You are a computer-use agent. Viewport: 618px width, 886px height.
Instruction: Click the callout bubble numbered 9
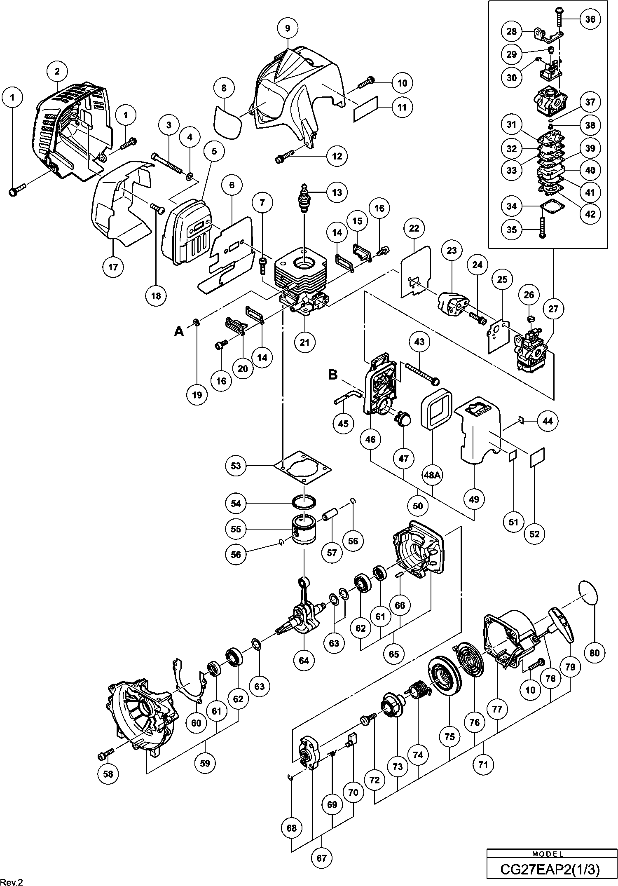click(x=287, y=28)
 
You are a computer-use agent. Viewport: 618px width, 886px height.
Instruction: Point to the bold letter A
click(x=179, y=330)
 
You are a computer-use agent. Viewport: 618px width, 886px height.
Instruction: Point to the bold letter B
click(x=332, y=375)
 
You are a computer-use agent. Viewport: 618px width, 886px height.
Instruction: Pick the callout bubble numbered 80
click(x=595, y=652)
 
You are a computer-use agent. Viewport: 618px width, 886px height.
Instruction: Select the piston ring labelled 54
click(x=304, y=503)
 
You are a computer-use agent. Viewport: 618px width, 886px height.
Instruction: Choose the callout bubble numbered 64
click(x=304, y=660)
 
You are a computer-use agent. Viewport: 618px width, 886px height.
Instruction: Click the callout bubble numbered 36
click(x=590, y=19)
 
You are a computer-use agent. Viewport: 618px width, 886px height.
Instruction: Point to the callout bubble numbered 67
click(x=321, y=858)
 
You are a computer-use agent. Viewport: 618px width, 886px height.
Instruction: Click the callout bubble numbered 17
click(x=113, y=267)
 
